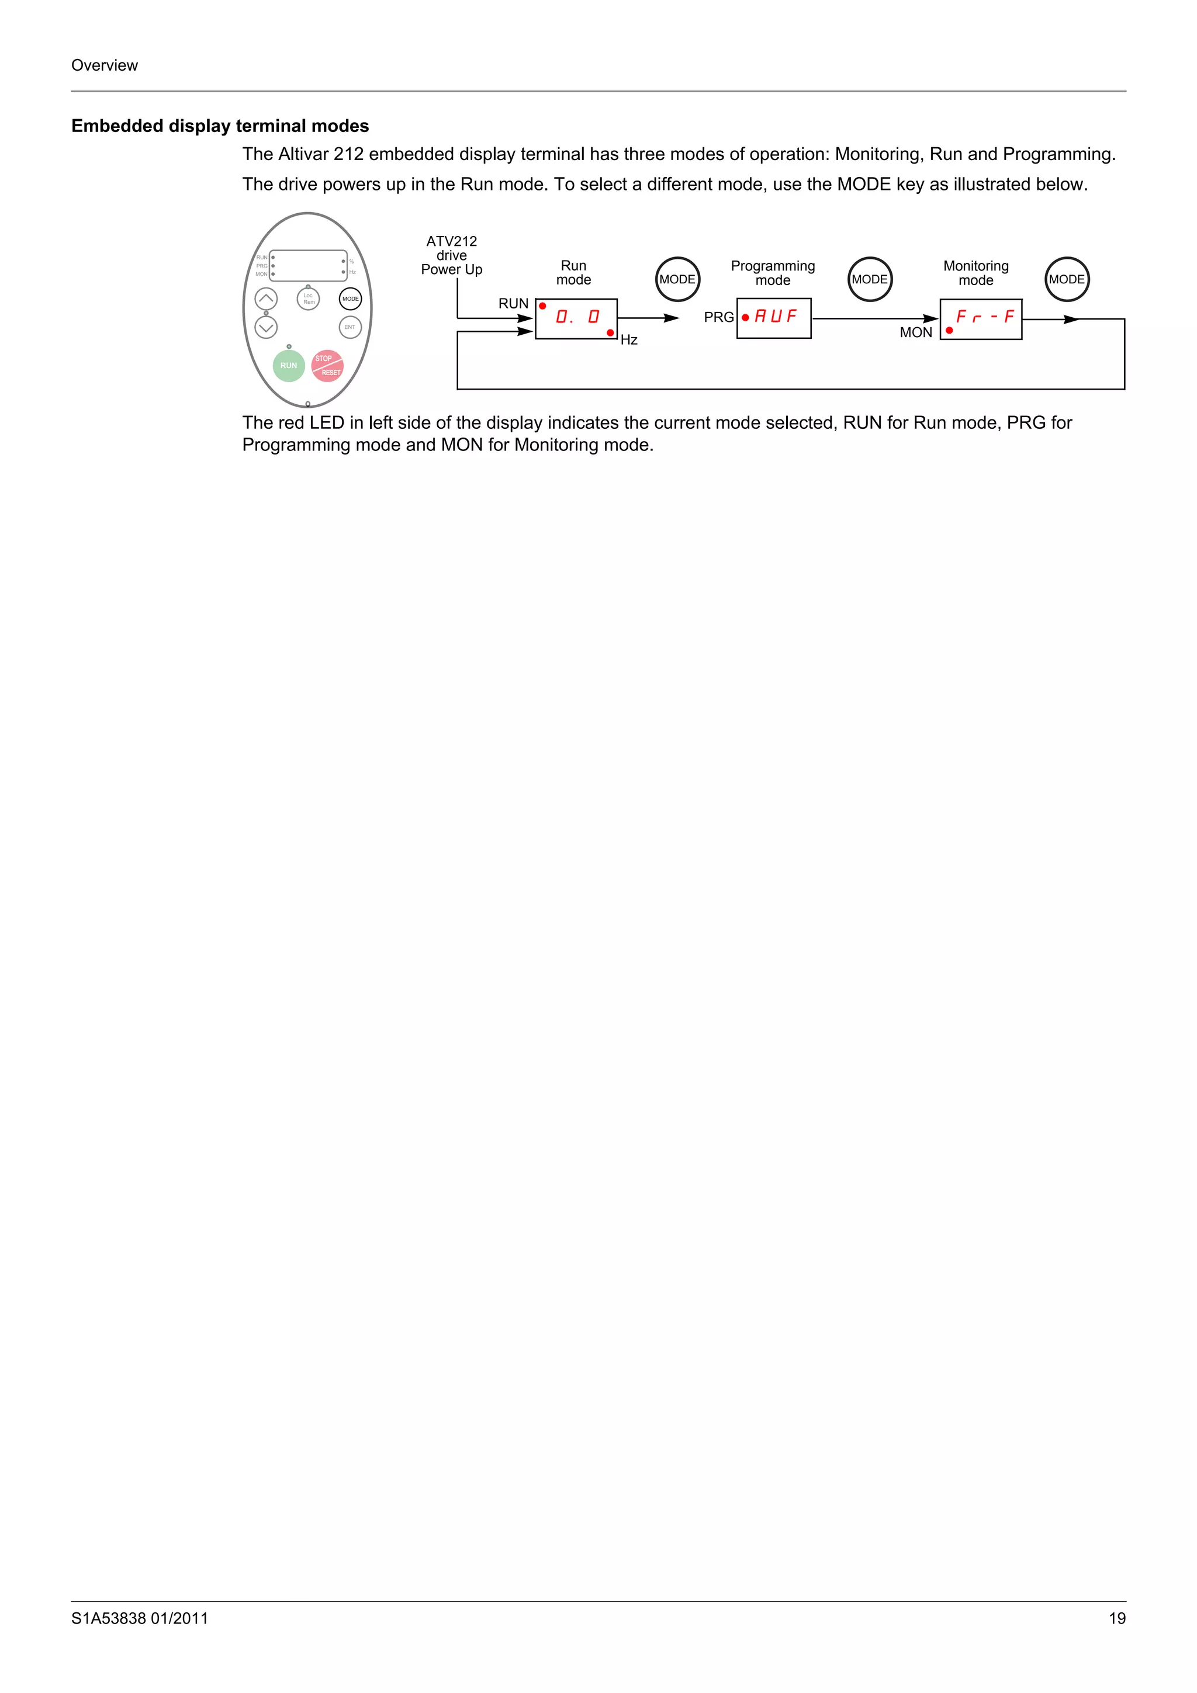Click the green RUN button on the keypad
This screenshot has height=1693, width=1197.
point(288,366)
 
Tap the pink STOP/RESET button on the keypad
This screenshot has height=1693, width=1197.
point(327,366)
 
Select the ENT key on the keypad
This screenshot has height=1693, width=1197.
point(350,327)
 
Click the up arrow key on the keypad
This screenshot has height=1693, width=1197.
point(267,299)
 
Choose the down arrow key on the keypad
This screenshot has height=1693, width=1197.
point(267,327)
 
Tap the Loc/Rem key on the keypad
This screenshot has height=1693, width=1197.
point(308,299)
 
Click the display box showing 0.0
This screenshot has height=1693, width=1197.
point(576,318)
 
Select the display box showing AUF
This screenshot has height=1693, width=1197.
point(774,318)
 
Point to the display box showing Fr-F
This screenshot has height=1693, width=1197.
point(981,318)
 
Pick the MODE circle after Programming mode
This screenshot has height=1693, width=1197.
point(870,279)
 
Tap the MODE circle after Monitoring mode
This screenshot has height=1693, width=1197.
point(1067,279)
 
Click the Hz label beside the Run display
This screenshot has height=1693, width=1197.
point(629,340)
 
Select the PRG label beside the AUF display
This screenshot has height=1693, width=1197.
point(718,318)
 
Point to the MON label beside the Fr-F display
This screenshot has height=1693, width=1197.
point(916,332)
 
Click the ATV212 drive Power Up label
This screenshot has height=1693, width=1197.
point(451,255)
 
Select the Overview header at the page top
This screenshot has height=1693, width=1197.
point(104,65)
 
